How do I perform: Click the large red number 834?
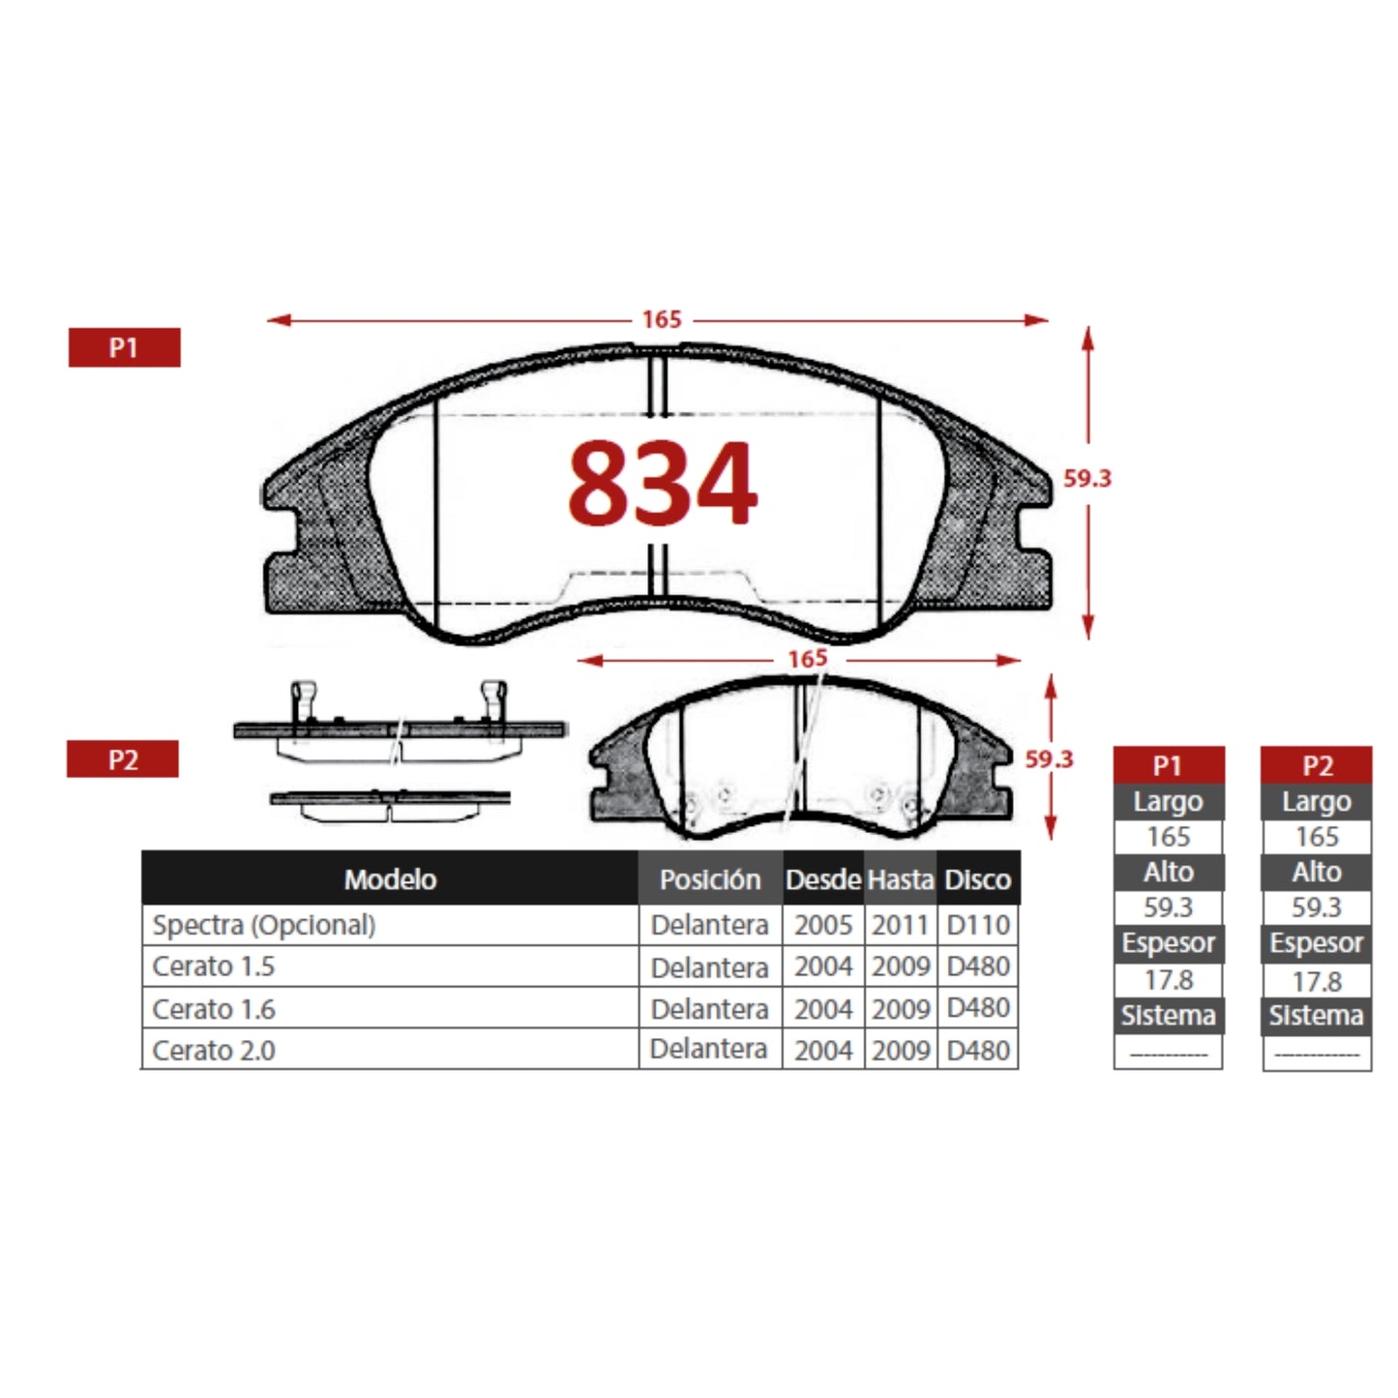tap(663, 483)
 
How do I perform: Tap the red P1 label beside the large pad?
tap(124, 347)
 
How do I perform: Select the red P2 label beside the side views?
tap(123, 758)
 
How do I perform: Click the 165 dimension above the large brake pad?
tap(662, 319)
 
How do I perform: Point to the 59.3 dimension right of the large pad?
tap(1086, 478)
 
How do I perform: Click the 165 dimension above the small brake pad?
tap(808, 659)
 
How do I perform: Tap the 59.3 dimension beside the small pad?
tap(1049, 758)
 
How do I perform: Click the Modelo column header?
tap(390, 879)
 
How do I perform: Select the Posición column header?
tap(710, 879)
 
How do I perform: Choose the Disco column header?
tap(977, 879)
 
